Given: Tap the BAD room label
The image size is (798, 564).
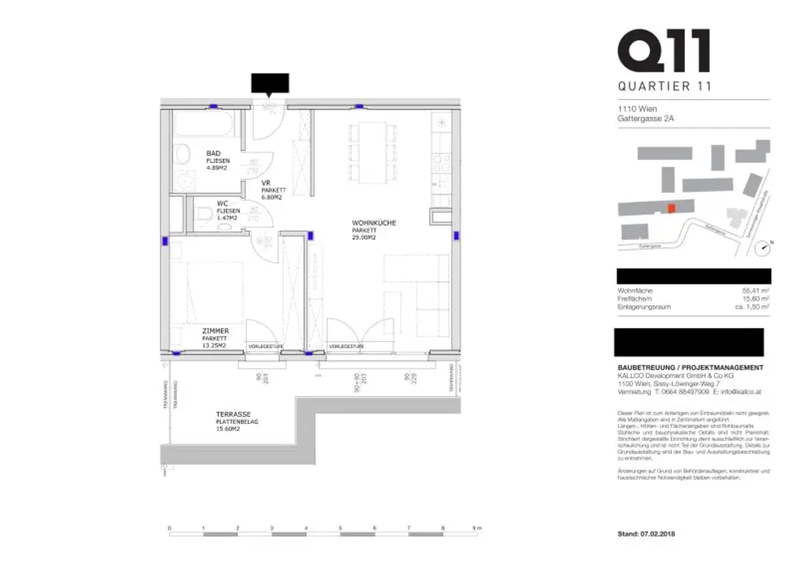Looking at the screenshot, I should pyautogui.click(x=214, y=153).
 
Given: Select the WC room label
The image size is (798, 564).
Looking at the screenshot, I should pyautogui.click(x=221, y=204).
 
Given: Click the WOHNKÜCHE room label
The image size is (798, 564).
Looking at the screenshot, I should pyautogui.click(x=373, y=223).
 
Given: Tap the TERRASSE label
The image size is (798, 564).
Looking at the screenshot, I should pyautogui.click(x=234, y=414).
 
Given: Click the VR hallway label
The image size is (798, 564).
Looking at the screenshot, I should pyautogui.click(x=266, y=183).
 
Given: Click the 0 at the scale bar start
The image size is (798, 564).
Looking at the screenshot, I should pyautogui.click(x=169, y=528).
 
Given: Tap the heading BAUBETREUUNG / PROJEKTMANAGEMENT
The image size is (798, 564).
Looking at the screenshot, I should pyautogui.click(x=690, y=368).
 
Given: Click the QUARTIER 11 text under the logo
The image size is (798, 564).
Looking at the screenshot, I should pyautogui.click(x=663, y=86).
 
